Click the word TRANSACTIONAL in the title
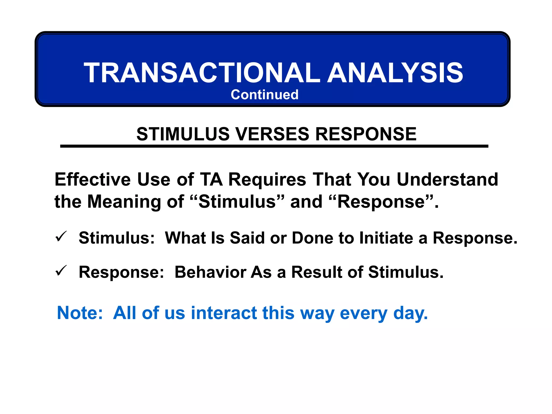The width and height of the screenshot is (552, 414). point(202,73)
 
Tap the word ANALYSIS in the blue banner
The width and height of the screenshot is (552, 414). point(395,73)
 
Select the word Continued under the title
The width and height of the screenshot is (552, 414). point(264,95)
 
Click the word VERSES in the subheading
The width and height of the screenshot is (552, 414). point(272,134)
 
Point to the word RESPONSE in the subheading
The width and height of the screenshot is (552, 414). point(366,134)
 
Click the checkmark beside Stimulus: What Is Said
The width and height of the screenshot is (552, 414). point(61,237)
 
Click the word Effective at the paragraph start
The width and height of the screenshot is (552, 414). point(93,179)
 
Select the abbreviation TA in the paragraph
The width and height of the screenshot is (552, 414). point(211,179)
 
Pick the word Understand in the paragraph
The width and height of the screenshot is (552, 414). point(447,179)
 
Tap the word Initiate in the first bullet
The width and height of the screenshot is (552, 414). point(386,238)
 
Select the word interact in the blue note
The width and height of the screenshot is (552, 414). point(224,313)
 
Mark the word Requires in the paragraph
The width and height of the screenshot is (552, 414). point(267,180)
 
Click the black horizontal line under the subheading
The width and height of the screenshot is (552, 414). point(274,146)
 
